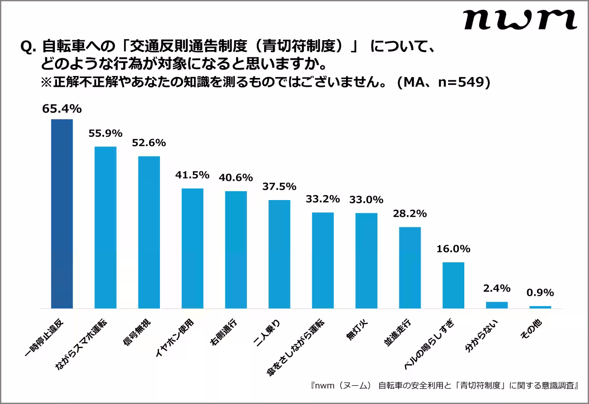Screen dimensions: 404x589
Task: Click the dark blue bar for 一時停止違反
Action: point(62,214)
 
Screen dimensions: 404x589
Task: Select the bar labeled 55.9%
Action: point(105,227)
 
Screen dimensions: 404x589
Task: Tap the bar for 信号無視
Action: point(149,232)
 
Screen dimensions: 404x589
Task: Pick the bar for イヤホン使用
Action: point(192,248)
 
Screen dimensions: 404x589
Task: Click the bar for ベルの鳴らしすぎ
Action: point(453,285)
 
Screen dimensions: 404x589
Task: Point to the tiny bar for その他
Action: point(540,307)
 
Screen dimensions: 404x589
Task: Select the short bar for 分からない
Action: point(497,305)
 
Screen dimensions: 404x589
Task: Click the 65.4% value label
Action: point(62,109)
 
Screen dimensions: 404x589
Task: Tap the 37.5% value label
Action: point(279,187)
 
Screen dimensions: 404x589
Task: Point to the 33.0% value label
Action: point(366,200)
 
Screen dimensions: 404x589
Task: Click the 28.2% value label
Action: point(410,214)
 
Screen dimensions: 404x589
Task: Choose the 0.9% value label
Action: point(540,293)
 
